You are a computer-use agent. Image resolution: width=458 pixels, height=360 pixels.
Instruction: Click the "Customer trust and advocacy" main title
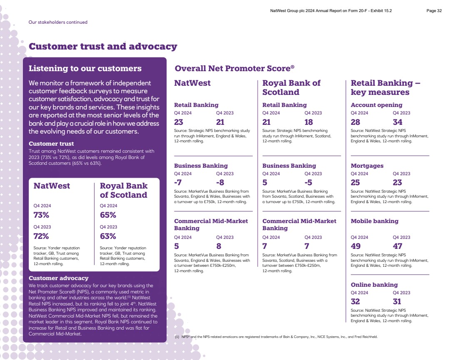point(103,47)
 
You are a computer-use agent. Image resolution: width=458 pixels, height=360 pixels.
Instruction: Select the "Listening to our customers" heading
point(85,68)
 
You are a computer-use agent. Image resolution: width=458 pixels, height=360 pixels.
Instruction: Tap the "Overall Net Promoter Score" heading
point(234,68)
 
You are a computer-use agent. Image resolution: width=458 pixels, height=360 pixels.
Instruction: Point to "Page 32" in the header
point(434,11)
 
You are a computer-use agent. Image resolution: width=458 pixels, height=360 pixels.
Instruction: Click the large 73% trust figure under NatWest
point(41,215)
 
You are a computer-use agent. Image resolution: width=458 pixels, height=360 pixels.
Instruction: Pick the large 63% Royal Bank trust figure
point(108,236)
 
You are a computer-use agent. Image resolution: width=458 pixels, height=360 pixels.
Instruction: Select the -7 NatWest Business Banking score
point(178,182)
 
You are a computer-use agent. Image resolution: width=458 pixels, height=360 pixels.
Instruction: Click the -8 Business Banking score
point(221,182)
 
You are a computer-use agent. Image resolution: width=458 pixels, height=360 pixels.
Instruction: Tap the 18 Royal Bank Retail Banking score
point(309,122)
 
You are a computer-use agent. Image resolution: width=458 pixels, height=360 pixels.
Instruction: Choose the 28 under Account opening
point(355,122)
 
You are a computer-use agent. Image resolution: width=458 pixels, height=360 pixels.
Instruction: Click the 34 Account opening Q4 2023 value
point(398,122)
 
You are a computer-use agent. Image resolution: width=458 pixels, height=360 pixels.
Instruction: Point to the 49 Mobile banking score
point(355,246)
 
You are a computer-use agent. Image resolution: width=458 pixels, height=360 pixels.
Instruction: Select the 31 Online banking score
point(397,301)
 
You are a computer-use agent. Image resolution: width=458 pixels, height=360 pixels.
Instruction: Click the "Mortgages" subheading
point(367,166)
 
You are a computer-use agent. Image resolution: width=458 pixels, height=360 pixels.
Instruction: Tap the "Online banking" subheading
point(374,285)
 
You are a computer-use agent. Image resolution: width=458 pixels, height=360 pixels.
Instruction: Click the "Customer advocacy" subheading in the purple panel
point(58,278)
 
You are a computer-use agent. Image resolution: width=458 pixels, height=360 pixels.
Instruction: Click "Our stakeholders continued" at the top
point(58,22)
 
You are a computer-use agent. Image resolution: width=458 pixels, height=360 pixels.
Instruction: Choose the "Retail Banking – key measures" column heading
point(385,87)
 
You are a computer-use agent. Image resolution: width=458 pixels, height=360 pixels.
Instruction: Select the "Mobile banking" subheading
point(374,221)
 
